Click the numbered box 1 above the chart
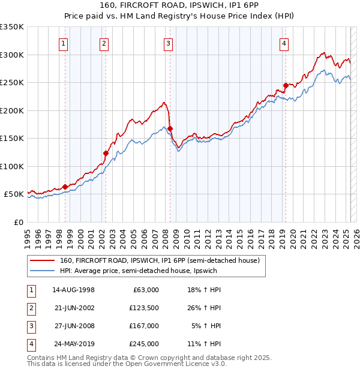click(63, 43)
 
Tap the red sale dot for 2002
click(106, 153)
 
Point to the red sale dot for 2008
click(170, 128)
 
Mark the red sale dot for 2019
click(286, 85)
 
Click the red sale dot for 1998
click(65, 187)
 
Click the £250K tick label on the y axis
click(11, 82)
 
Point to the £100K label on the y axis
click(11, 166)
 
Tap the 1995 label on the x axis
click(28, 235)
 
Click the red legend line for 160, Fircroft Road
click(42, 260)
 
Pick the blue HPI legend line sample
click(42, 271)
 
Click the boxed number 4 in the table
click(30, 344)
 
